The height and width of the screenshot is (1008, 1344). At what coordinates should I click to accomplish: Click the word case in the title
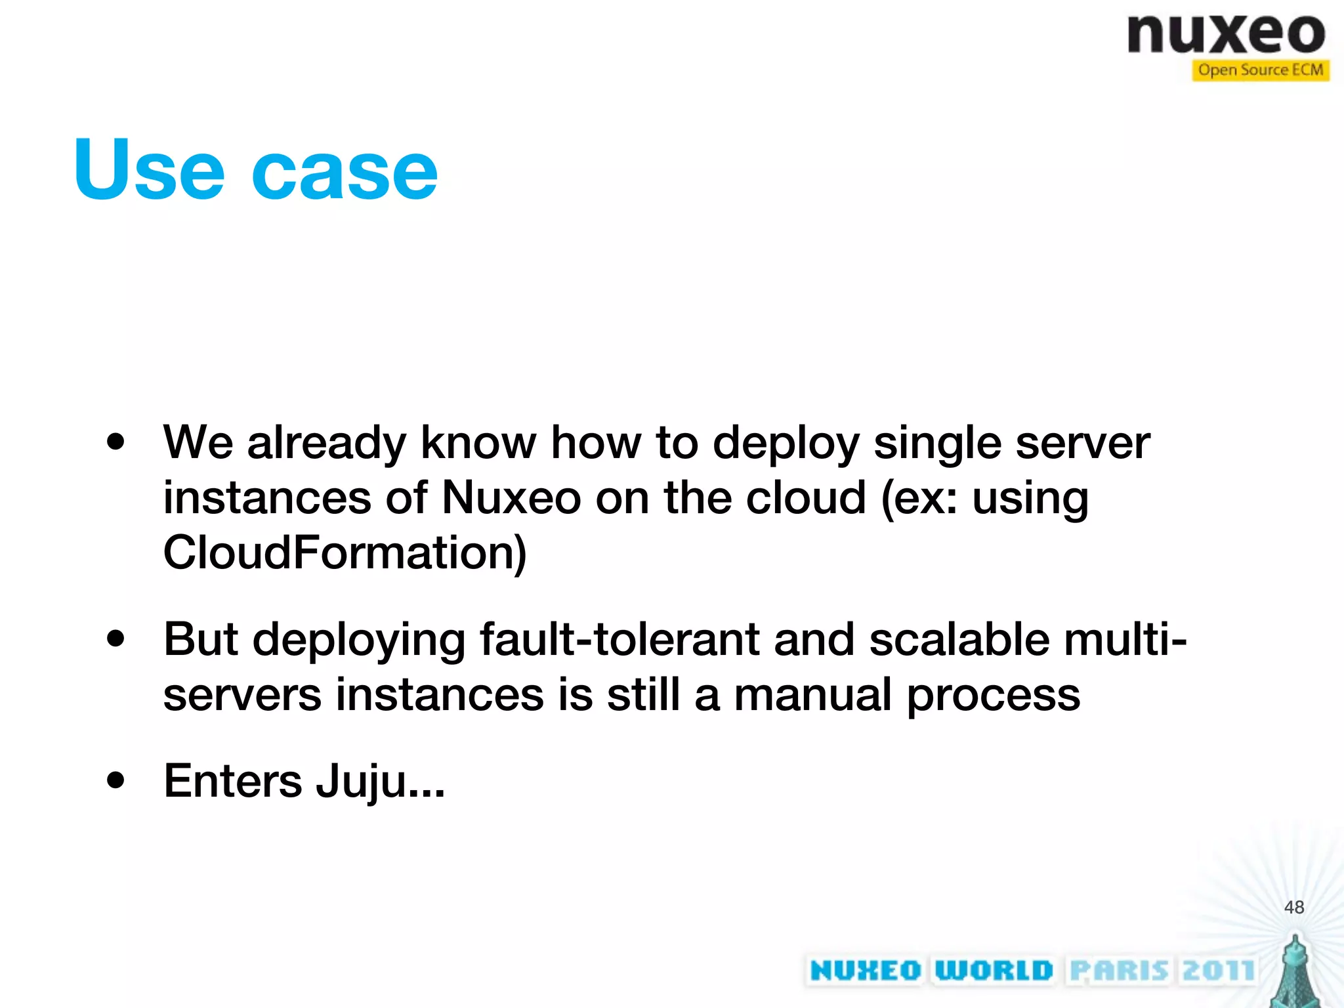[345, 172]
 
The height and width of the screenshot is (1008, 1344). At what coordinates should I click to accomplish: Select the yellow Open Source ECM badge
[1260, 70]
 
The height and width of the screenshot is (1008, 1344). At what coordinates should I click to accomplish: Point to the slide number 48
[1293, 907]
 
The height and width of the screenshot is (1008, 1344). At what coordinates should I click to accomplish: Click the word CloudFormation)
[345, 553]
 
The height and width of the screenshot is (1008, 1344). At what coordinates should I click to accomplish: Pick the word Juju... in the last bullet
[380, 782]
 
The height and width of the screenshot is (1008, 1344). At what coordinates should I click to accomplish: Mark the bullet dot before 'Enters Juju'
[115, 780]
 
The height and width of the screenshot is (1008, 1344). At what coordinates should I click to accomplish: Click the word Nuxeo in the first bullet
[511, 497]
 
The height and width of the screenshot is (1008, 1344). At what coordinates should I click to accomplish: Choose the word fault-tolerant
[619, 639]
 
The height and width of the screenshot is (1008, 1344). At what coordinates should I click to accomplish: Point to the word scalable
[959, 639]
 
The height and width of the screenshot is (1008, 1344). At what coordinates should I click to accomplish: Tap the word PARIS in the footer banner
[1120, 971]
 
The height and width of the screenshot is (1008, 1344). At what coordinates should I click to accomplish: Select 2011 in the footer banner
[1218, 971]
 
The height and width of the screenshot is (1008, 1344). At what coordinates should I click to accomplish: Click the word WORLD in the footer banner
[994, 971]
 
